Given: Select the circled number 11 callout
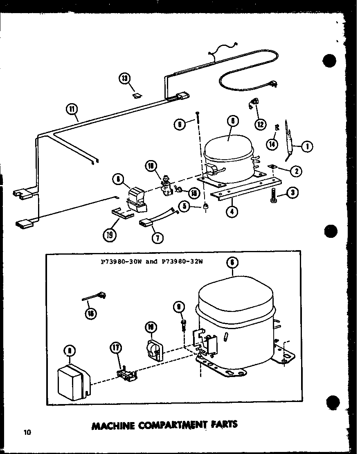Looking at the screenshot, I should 72,109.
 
